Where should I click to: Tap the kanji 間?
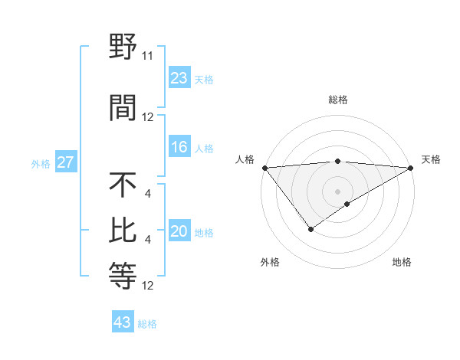[123, 107]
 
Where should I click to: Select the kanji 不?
[123, 185]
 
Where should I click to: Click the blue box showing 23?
[179, 78]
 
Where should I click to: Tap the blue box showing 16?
[179, 148]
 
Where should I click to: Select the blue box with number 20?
[179, 232]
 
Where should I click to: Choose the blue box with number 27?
[66, 163]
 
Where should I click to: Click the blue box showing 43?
[123, 322]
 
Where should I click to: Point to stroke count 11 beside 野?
[148, 56]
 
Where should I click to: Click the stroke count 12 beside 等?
[148, 286]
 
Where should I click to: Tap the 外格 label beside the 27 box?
[41, 164]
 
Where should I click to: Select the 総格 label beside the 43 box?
[147, 324]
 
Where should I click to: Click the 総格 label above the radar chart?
[337, 100]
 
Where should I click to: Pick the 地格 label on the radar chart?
[402, 262]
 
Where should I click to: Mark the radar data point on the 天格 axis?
[411, 167]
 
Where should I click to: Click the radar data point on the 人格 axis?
[264, 167]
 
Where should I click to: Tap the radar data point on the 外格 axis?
[310, 229]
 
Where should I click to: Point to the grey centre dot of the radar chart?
[337, 191]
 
